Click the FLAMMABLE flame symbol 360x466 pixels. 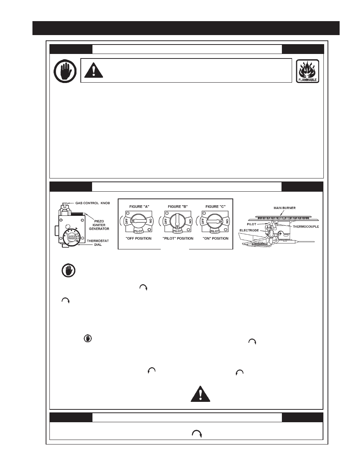[308, 71]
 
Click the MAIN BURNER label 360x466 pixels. [285, 208]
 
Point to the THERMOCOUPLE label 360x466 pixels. [306, 227]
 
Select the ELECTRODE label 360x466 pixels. [249, 230]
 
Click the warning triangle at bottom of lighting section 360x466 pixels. [200, 394]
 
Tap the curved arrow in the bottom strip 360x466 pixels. [197, 434]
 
